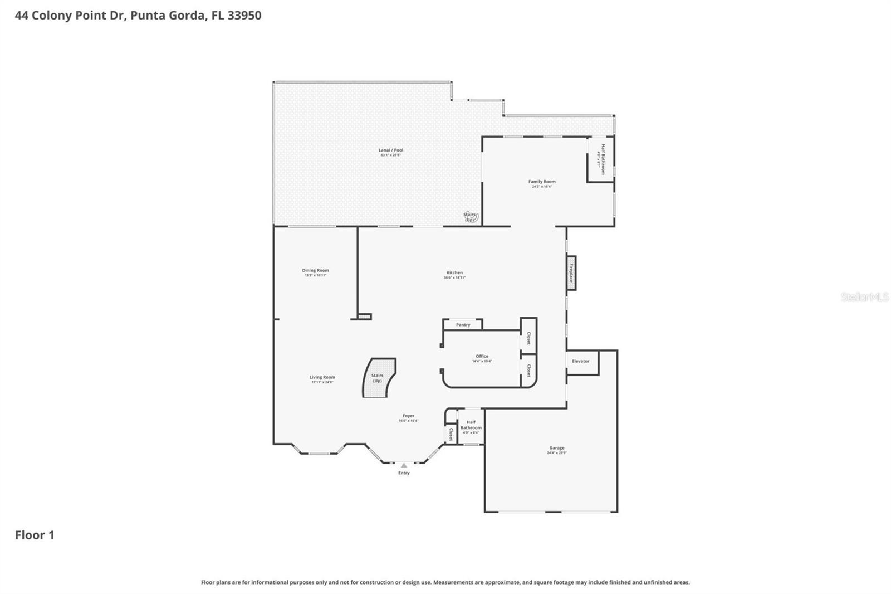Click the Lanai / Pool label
pyautogui.click(x=391, y=150)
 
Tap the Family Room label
pyautogui.click(x=542, y=182)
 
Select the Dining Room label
pyautogui.click(x=315, y=271)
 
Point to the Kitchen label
pyautogui.click(x=454, y=273)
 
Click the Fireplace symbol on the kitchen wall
pyautogui.click(x=571, y=273)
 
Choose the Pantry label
pyautogui.click(x=463, y=325)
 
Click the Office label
pyautogui.click(x=482, y=357)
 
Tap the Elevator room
pyautogui.click(x=581, y=362)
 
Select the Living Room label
pyautogui.click(x=322, y=378)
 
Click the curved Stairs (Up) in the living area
pyautogui.click(x=379, y=378)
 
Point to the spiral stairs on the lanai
pyautogui.click(x=470, y=217)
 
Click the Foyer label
pyautogui.click(x=408, y=416)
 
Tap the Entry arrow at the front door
pyautogui.click(x=404, y=465)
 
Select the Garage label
pyautogui.click(x=556, y=449)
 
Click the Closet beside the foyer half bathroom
pyautogui.click(x=451, y=435)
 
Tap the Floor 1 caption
pyautogui.click(x=35, y=535)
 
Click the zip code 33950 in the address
pyautogui.click(x=244, y=16)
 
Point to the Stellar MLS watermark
pyautogui.click(x=864, y=298)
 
